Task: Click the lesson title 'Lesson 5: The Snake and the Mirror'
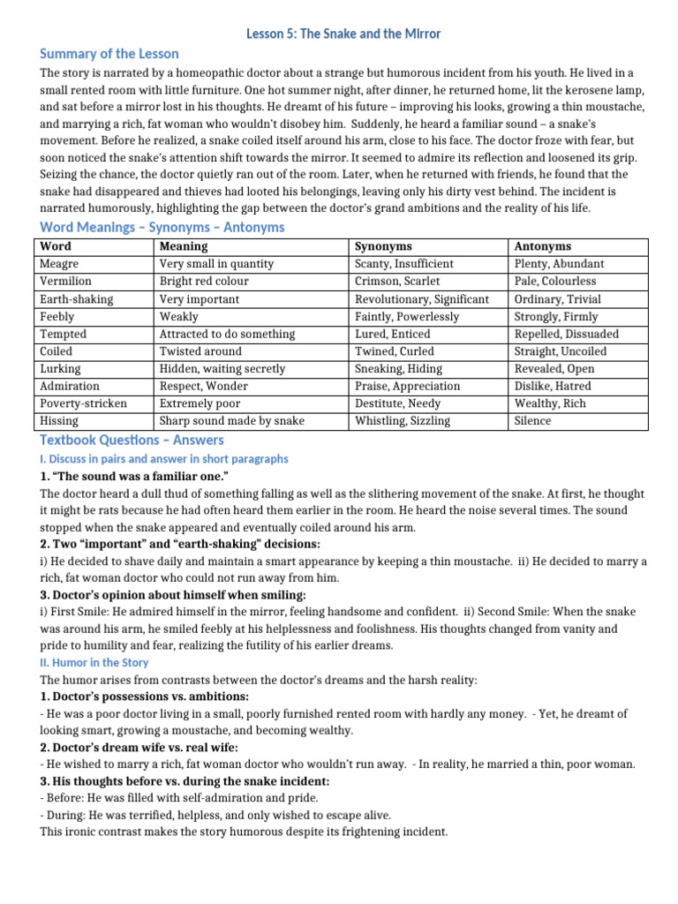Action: tap(343, 34)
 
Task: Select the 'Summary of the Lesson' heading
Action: tap(109, 54)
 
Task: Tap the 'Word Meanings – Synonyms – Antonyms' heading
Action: tap(162, 227)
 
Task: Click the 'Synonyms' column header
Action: tap(383, 246)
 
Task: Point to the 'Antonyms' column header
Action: tap(542, 246)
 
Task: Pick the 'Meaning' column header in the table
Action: tap(184, 246)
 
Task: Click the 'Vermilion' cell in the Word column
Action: tap(64, 281)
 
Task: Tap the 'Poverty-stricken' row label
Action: tap(83, 403)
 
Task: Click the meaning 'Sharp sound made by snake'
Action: tap(231, 421)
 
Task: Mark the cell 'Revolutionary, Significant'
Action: tap(421, 298)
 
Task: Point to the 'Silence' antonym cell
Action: tap(532, 421)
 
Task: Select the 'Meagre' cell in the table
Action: tap(59, 263)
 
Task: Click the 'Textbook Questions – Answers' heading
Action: tap(132, 440)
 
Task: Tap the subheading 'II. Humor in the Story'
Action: tap(94, 662)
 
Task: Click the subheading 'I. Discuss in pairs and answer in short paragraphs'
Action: tap(163, 459)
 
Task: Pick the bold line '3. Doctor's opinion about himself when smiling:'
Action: tap(173, 595)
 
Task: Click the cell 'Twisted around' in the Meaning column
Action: tap(200, 351)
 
